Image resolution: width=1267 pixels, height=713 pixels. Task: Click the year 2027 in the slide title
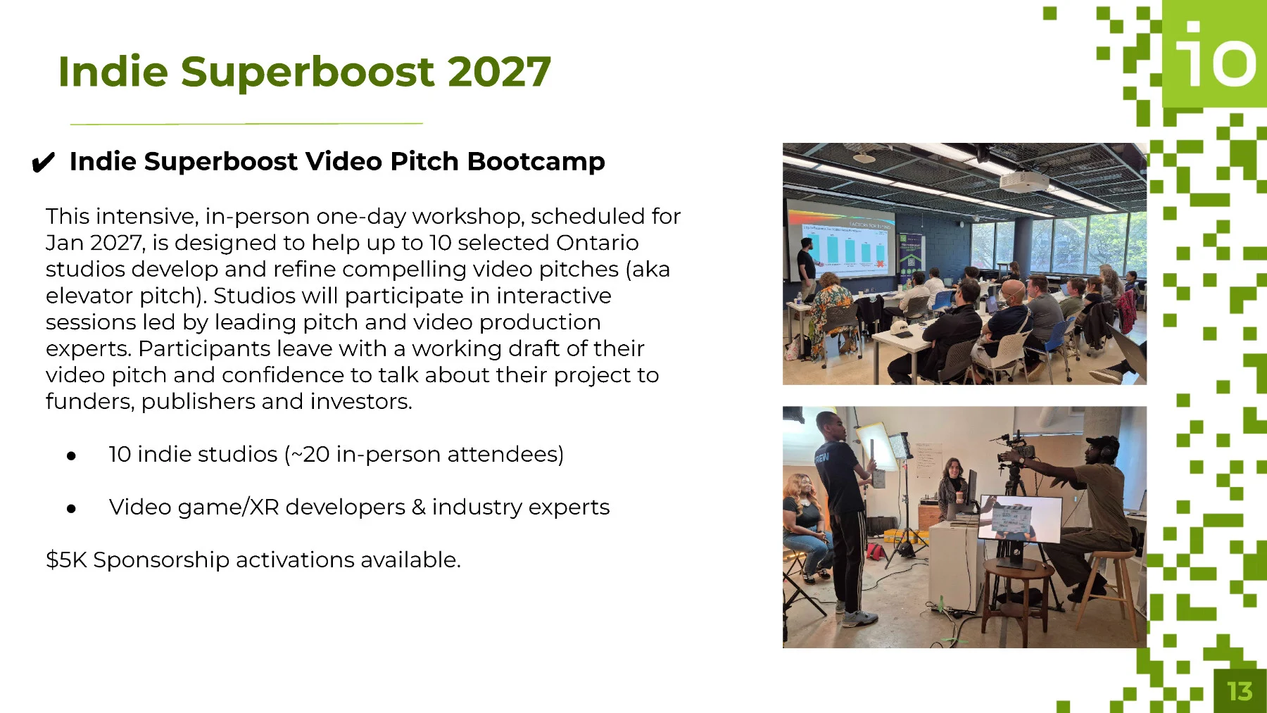click(x=498, y=72)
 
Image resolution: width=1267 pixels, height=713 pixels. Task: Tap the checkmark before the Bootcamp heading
click(x=43, y=163)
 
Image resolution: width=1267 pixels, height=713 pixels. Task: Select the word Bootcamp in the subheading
click(x=536, y=162)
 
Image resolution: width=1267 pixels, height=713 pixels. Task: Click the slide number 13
click(x=1240, y=691)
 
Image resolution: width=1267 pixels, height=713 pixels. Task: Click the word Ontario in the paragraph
click(x=597, y=243)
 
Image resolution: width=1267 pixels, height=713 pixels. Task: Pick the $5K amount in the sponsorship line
click(x=66, y=560)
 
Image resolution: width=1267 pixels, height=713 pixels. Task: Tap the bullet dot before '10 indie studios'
click(x=71, y=456)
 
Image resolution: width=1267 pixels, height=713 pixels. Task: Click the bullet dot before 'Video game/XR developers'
click(x=71, y=509)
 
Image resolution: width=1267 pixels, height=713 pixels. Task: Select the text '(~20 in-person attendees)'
click(x=424, y=455)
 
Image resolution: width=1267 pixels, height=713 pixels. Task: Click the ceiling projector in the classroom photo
click(x=1024, y=180)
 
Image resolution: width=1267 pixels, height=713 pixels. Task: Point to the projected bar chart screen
click(x=841, y=244)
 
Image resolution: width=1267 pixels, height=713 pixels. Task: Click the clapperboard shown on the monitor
click(x=1012, y=519)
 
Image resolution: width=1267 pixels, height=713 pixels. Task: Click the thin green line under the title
click(x=246, y=124)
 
